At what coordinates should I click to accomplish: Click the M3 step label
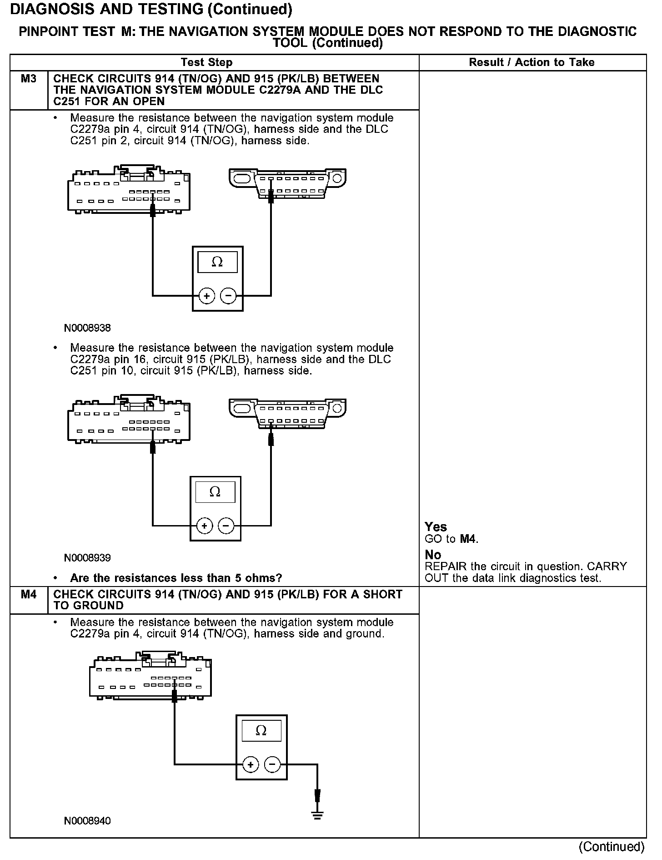click(x=28, y=79)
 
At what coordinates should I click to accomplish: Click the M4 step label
click(x=28, y=594)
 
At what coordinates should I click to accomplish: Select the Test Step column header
click(x=206, y=62)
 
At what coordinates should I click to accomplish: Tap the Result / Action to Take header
click(x=532, y=62)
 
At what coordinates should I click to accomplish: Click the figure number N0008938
click(x=87, y=328)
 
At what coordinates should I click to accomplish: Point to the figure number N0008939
click(x=87, y=558)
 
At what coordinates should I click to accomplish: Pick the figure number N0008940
click(x=87, y=821)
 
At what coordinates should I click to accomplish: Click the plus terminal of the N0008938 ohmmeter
click(x=206, y=296)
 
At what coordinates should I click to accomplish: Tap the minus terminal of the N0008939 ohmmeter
click(x=226, y=526)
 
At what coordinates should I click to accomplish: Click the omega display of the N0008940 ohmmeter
click(x=261, y=731)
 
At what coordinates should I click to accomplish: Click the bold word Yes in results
click(x=436, y=527)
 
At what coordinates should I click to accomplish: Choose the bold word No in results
click(x=433, y=555)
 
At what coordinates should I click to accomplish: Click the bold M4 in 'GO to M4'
click(x=468, y=539)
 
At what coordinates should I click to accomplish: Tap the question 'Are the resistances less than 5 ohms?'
click(x=176, y=578)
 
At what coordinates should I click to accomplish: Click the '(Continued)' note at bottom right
click(x=612, y=847)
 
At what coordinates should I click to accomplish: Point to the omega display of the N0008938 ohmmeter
click(x=217, y=262)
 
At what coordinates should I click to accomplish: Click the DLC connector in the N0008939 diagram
click(x=287, y=414)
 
